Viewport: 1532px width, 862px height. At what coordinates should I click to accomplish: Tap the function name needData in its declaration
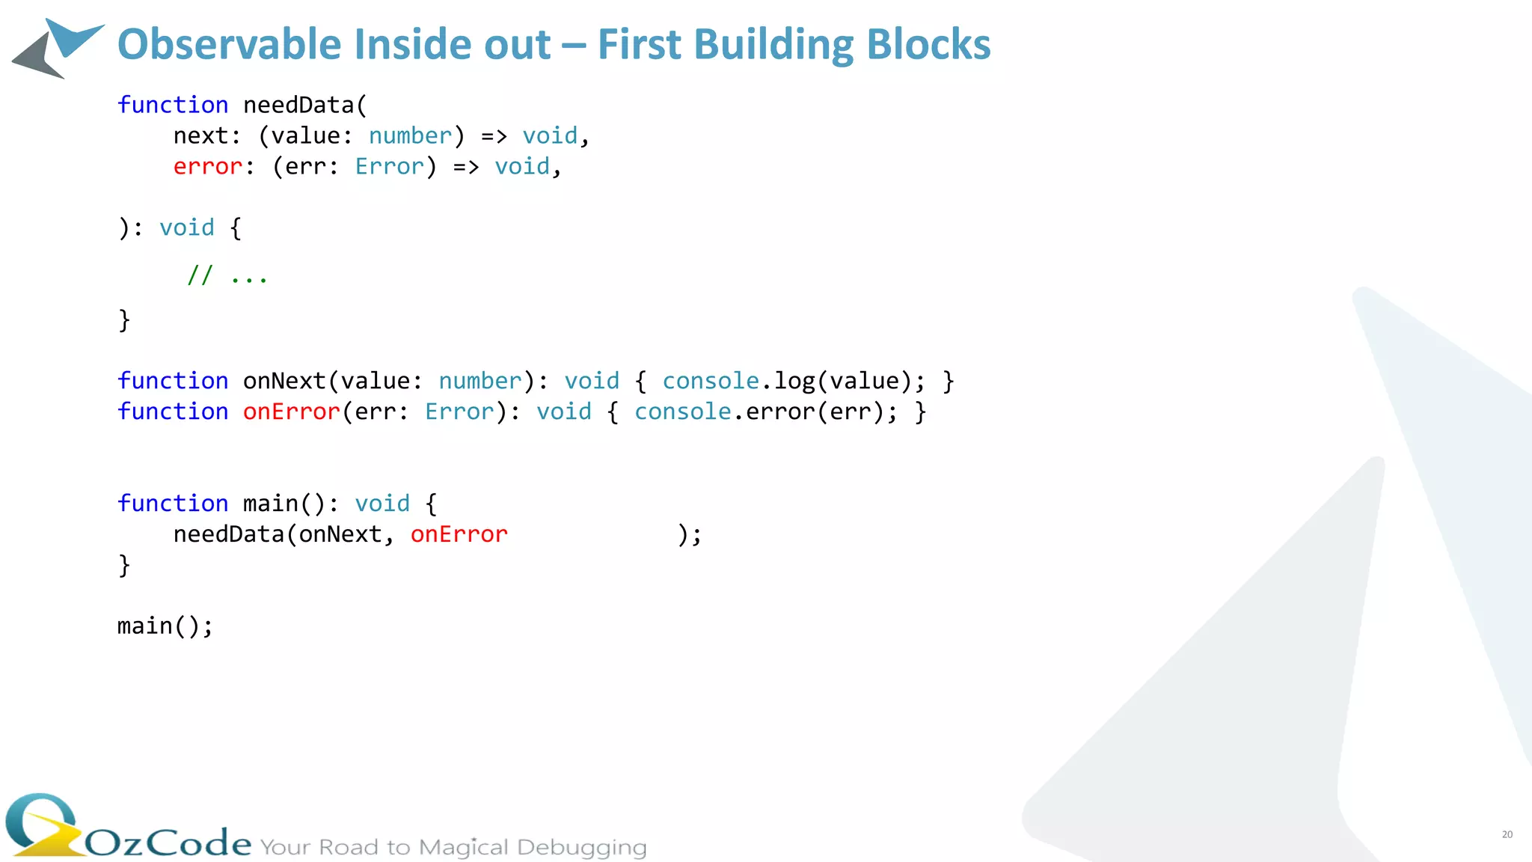pos(298,105)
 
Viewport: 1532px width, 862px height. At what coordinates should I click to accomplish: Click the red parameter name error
pos(208,166)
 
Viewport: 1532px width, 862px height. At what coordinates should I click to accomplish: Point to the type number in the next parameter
pos(410,135)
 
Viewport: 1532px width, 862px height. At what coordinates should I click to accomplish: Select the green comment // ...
pos(200,275)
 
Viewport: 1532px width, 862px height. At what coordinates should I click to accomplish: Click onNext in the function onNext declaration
pos(284,381)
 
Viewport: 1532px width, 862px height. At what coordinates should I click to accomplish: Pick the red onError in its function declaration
pos(292,412)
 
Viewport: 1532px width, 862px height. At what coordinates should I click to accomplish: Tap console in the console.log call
pos(711,381)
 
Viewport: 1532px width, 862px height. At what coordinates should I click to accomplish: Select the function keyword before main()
pos(173,504)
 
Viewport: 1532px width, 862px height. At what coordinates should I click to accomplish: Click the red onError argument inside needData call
pos(459,534)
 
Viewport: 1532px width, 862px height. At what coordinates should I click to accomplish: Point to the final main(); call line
pos(165,626)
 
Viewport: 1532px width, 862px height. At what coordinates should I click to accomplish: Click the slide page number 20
pos(1507,834)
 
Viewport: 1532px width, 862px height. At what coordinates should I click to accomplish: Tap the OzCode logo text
pos(168,843)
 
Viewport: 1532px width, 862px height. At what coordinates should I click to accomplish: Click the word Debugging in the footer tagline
pos(581,847)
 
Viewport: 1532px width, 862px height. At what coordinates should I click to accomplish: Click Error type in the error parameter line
pos(389,166)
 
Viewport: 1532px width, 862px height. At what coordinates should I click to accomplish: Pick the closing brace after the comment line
pos(124,320)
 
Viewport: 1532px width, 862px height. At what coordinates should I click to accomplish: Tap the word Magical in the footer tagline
pos(463,847)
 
